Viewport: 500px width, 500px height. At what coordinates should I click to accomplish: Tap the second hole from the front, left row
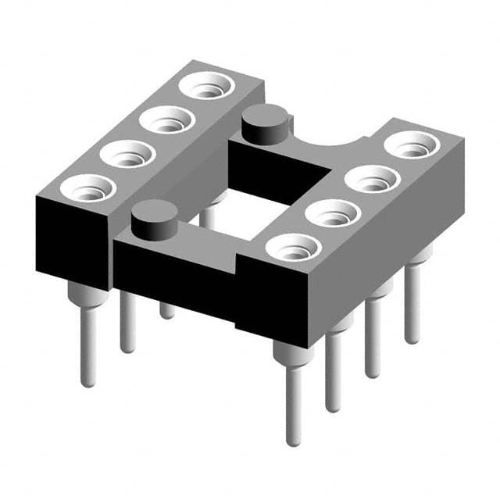[127, 155]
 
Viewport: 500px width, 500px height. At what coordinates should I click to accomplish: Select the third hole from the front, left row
[167, 121]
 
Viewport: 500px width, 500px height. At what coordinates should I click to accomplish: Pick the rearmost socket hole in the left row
[206, 87]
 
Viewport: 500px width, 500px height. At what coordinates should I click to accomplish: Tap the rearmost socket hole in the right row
[412, 145]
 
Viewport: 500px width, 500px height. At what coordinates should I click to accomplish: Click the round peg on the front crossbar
[154, 220]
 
